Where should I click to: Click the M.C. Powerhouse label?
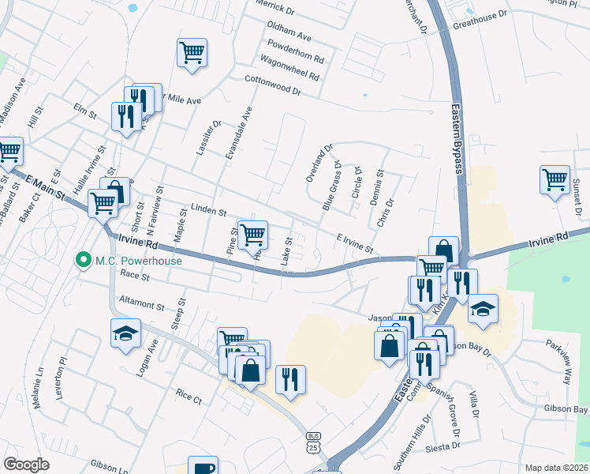point(139,261)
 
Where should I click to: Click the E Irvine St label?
point(354,243)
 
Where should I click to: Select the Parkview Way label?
point(557,362)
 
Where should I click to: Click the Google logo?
point(26,465)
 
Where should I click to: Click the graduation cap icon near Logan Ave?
point(125,333)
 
